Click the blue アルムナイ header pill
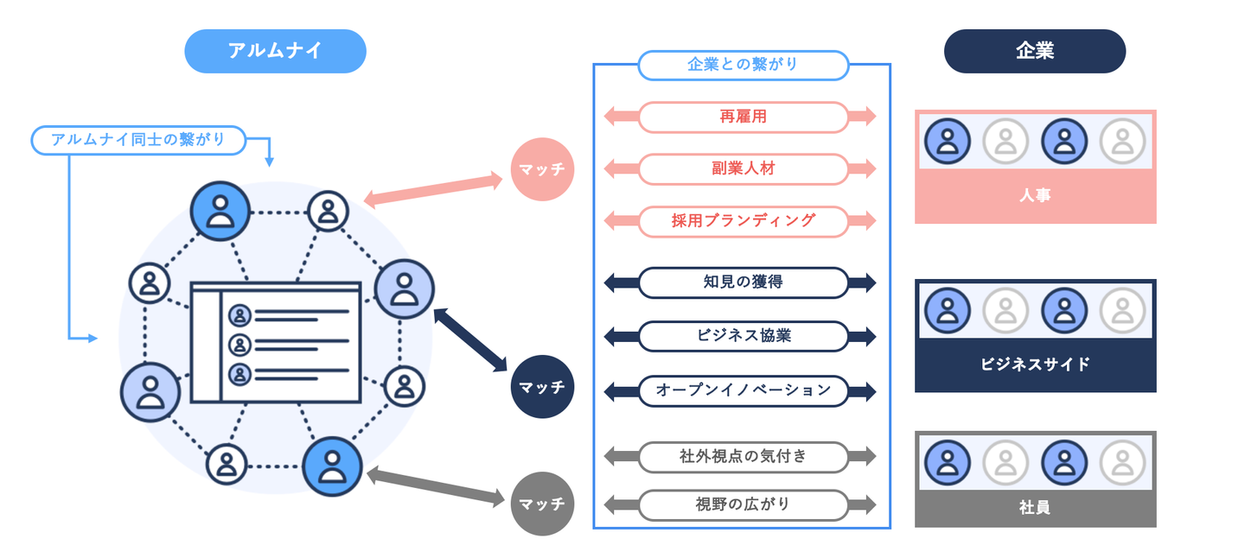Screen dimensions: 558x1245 pyautogui.click(x=275, y=51)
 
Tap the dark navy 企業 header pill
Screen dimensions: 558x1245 pyautogui.click(x=1034, y=51)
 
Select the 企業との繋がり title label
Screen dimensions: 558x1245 pyautogui.click(x=743, y=65)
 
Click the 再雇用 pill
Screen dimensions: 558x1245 pyautogui.click(x=743, y=117)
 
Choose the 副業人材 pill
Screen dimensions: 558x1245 pyautogui.click(x=743, y=168)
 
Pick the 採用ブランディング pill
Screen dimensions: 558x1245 pyautogui.click(x=743, y=221)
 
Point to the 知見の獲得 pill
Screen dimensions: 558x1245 pyautogui.click(x=743, y=282)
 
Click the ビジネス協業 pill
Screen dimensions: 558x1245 pyautogui.click(x=743, y=336)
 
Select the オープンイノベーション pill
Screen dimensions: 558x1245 pyautogui.click(x=743, y=390)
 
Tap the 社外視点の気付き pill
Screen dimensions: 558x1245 pyautogui.click(x=743, y=456)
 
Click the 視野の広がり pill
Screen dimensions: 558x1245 pyautogui.click(x=743, y=504)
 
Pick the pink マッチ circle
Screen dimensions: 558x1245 pyautogui.click(x=542, y=169)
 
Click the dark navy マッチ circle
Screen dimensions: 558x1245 pyautogui.click(x=542, y=387)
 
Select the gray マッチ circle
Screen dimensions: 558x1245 pyautogui.click(x=542, y=504)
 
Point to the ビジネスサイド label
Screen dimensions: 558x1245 pyautogui.click(x=1035, y=365)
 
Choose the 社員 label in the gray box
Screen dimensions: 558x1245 pyautogui.click(x=1035, y=507)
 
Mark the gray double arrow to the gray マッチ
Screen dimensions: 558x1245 pyautogui.click(x=435, y=486)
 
